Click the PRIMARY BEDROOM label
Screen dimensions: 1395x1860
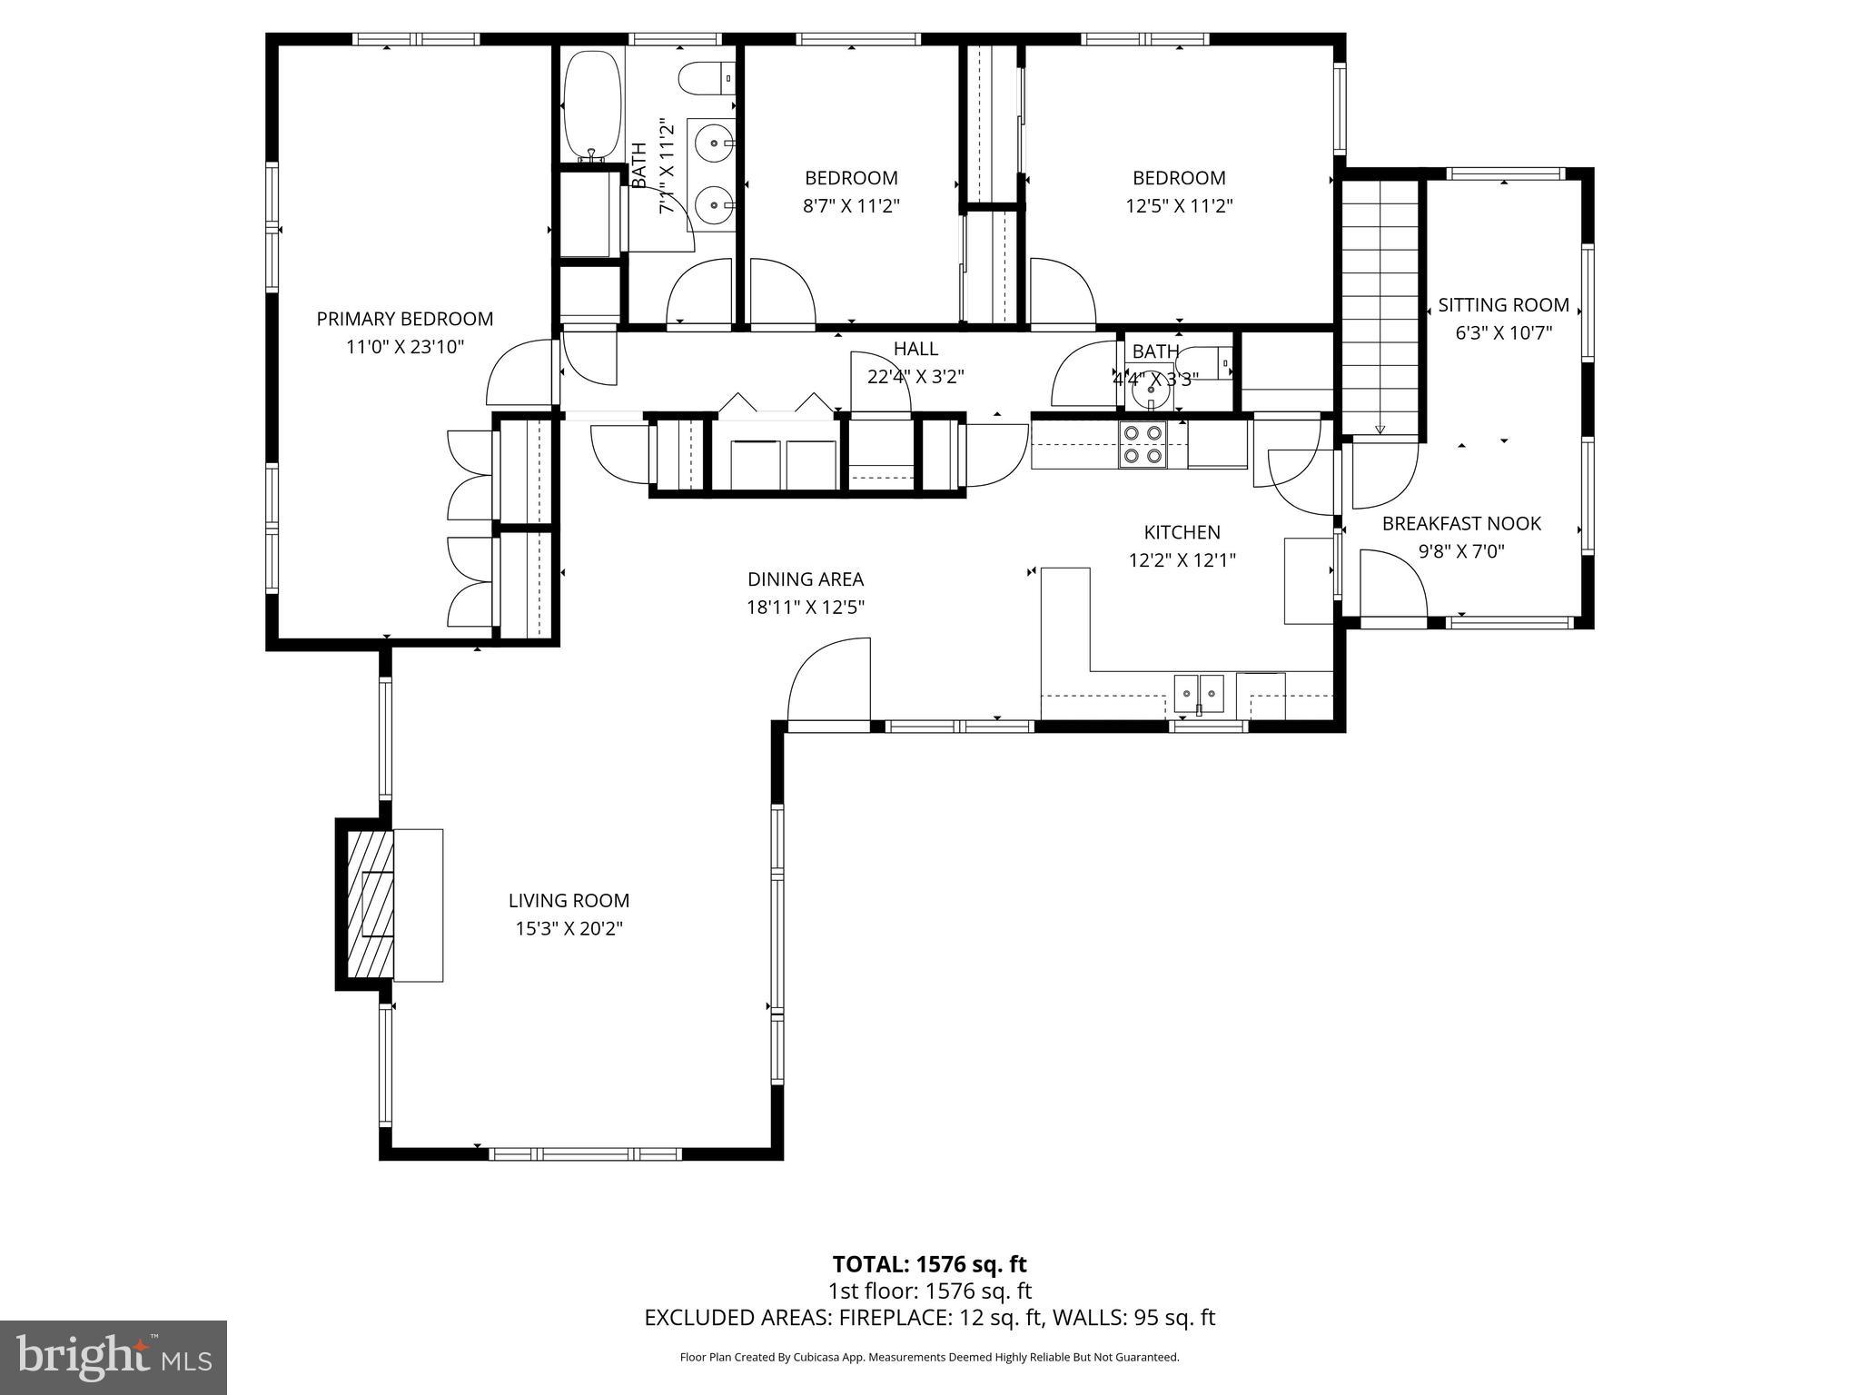[405, 319]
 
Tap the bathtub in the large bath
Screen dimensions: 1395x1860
[592, 105]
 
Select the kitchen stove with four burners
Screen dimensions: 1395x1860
[1143, 445]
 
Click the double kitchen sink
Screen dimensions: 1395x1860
[1199, 694]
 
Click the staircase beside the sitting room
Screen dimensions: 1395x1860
[1380, 304]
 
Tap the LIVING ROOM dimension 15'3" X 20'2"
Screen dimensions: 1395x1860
[569, 928]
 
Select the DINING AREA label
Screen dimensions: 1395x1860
[805, 579]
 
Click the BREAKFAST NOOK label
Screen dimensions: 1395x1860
[1461, 523]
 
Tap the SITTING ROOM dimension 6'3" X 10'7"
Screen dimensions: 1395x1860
[1503, 333]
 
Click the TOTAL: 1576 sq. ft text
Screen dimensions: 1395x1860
[929, 1263]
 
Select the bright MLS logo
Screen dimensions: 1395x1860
[114, 1358]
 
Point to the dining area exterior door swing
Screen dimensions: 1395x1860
[828, 681]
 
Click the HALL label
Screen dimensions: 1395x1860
[915, 349]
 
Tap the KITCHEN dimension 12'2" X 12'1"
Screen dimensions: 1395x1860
[1182, 560]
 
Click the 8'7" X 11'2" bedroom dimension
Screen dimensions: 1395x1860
[851, 206]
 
